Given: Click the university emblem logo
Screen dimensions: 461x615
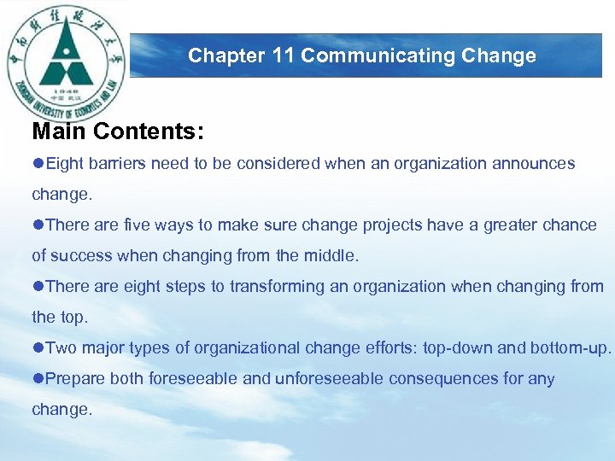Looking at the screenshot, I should (x=67, y=61).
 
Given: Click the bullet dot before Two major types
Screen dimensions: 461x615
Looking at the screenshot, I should (x=38, y=347).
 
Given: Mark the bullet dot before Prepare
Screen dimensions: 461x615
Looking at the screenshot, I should (x=38, y=378).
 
